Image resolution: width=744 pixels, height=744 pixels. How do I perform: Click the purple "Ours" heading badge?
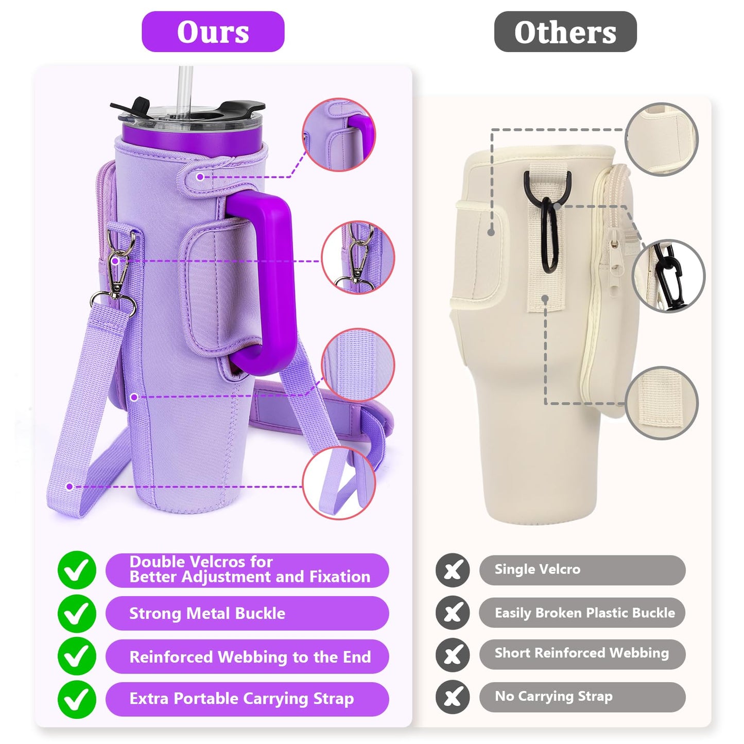pos(213,31)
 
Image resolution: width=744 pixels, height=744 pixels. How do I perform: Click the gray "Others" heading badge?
pos(565,31)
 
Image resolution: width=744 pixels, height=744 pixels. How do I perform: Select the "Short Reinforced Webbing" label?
pos(582,654)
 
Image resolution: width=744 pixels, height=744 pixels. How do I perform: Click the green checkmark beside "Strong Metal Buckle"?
pos(77,614)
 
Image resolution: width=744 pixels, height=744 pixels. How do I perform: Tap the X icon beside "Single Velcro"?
pos(453,570)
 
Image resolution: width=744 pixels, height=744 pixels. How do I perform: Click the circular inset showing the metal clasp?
pos(358,257)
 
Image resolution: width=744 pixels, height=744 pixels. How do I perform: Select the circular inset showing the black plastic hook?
pos(669,275)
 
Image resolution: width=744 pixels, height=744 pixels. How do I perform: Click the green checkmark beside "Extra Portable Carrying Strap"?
pos(77,699)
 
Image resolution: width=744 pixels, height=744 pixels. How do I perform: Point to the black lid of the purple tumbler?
pos(188,109)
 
